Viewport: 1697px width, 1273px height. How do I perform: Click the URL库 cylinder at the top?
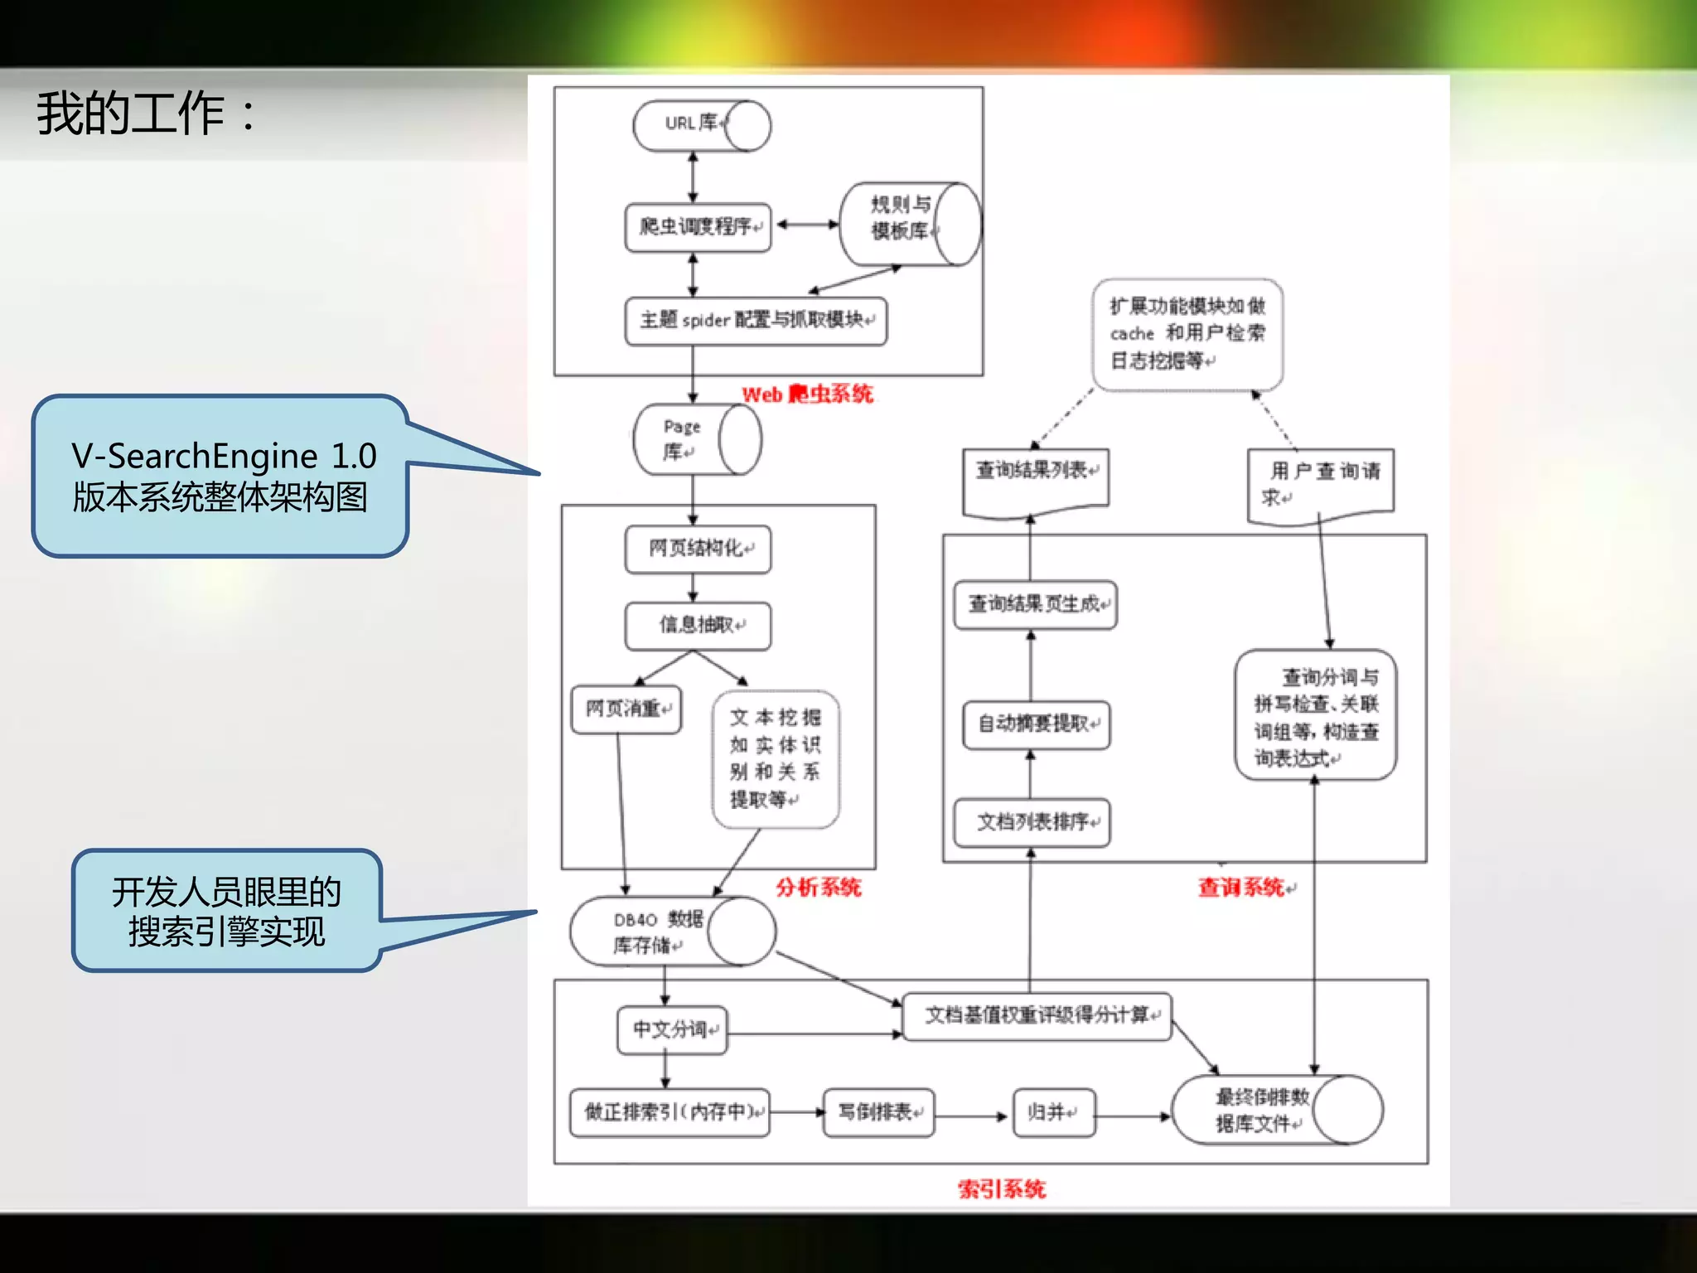[701, 126]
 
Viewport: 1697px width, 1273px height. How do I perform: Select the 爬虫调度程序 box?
[698, 227]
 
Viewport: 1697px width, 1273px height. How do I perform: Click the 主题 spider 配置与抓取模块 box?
[755, 321]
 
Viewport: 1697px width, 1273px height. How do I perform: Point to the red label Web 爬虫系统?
[806, 394]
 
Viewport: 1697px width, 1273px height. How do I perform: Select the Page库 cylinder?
[696, 439]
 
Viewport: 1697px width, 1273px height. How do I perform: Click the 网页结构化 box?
[698, 549]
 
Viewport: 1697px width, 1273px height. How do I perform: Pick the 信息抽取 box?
[698, 626]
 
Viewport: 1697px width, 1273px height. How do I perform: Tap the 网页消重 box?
[626, 709]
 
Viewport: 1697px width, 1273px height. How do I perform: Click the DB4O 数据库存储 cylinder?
[671, 932]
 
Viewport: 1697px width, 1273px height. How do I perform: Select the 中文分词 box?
[672, 1030]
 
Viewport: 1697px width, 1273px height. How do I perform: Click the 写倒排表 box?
[878, 1112]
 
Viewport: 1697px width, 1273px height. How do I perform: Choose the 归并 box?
[1053, 1112]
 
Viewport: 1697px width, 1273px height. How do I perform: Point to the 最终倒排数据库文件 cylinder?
[1276, 1111]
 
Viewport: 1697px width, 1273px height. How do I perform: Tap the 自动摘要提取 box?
[1036, 724]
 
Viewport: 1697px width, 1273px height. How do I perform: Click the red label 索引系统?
[1001, 1189]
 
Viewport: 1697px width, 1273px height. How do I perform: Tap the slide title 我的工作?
[145, 114]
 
